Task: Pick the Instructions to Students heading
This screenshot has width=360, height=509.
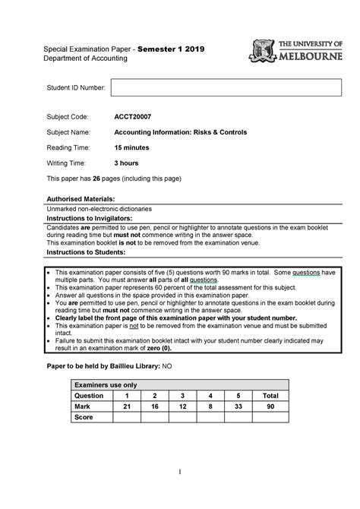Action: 86,252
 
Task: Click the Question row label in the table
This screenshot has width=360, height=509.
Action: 89,395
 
